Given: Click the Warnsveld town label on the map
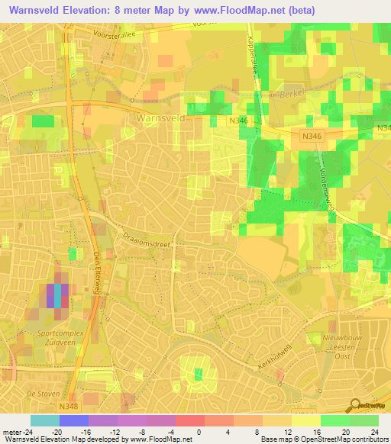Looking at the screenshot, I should coord(162,118).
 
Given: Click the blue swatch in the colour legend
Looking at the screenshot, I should coord(74,420).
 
